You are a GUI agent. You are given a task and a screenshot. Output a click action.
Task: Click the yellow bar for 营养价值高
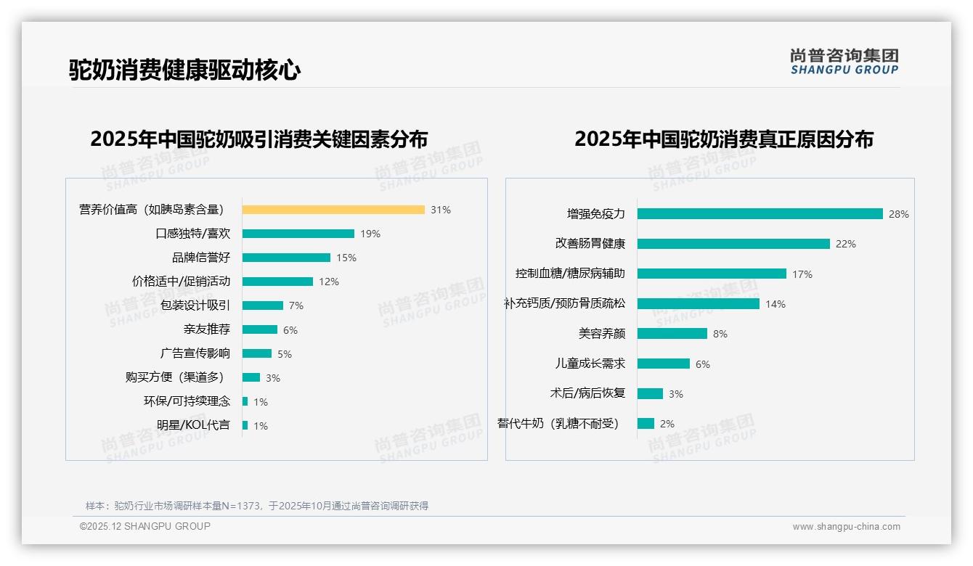click(333, 210)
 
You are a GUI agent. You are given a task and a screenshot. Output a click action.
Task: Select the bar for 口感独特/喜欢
click(298, 234)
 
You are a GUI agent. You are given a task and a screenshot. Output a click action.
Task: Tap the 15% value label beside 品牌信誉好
click(346, 258)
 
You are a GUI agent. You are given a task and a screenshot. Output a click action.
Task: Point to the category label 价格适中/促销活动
click(181, 282)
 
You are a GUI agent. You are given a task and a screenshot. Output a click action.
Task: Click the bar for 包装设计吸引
click(263, 305)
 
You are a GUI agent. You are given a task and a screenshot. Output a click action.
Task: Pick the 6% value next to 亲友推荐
click(290, 330)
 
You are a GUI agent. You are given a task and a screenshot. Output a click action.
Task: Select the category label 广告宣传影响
click(195, 353)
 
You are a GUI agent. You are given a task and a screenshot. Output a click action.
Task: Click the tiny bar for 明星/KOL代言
click(245, 425)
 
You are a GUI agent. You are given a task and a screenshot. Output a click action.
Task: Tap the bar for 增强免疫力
click(760, 214)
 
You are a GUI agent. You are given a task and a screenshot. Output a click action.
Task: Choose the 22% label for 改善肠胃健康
click(845, 245)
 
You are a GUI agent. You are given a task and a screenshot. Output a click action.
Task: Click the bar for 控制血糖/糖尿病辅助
click(712, 274)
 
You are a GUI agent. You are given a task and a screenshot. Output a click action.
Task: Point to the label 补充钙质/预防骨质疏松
click(564, 304)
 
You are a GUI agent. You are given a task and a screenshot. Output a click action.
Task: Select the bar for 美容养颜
click(672, 334)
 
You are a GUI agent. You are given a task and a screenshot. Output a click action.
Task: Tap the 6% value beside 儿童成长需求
click(702, 364)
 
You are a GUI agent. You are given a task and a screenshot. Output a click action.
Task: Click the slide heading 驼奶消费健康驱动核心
click(184, 70)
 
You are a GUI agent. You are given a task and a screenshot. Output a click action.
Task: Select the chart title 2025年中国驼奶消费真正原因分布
click(723, 139)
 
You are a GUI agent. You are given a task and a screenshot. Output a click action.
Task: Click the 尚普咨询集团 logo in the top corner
click(844, 62)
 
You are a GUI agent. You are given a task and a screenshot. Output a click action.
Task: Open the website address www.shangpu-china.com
click(846, 527)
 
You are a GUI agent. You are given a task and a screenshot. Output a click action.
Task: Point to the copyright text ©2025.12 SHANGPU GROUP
click(145, 526)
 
